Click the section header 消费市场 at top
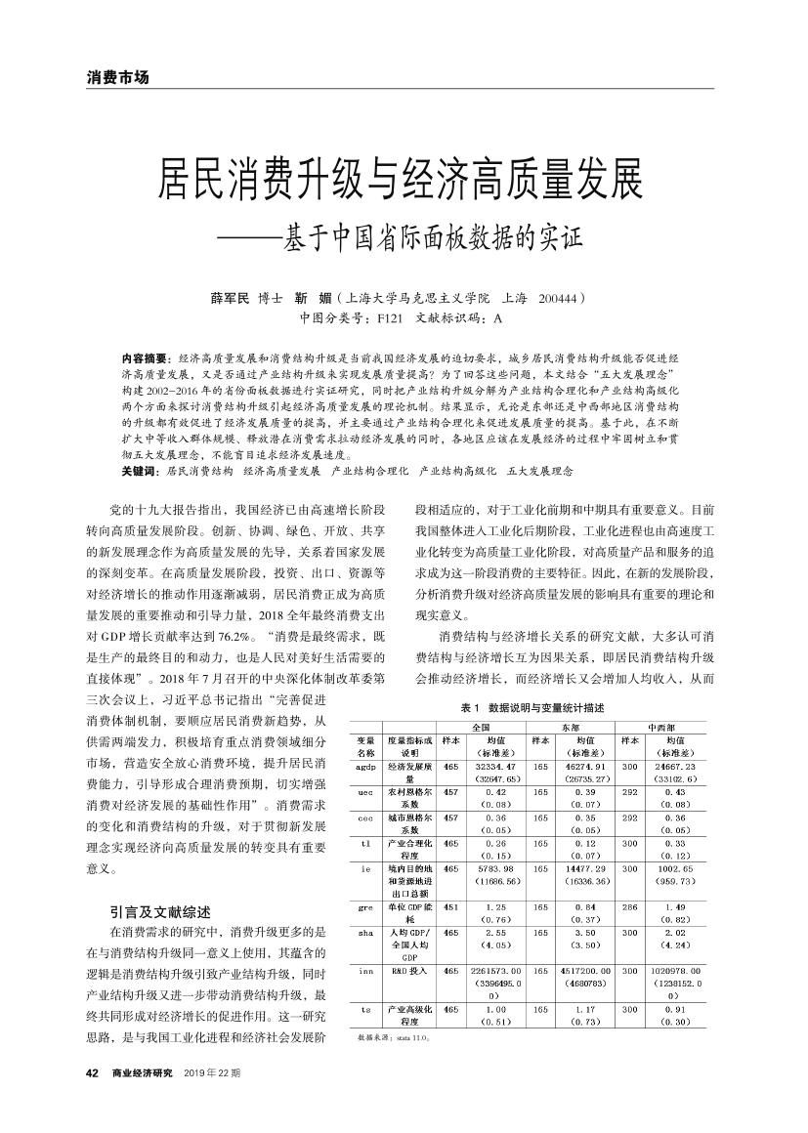click(x=117, y=77)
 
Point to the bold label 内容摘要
click(x=144, y=359)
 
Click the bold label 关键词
click(x=139, y=470)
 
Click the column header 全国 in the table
click(x=481, y=728)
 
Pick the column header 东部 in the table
click(x=571, y=728)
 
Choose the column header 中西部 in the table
click(x=660, y=728)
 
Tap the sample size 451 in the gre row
click(x=450, y=907)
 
